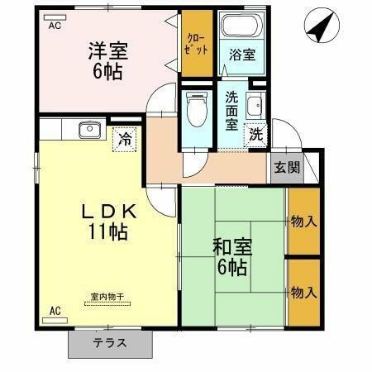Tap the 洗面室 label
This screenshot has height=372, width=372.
tap(232, 111)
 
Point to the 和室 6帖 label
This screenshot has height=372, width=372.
tap(231, 256)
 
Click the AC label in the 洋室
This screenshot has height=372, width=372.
tap(55, 26)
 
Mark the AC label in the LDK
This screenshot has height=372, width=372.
tap(55, 311)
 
